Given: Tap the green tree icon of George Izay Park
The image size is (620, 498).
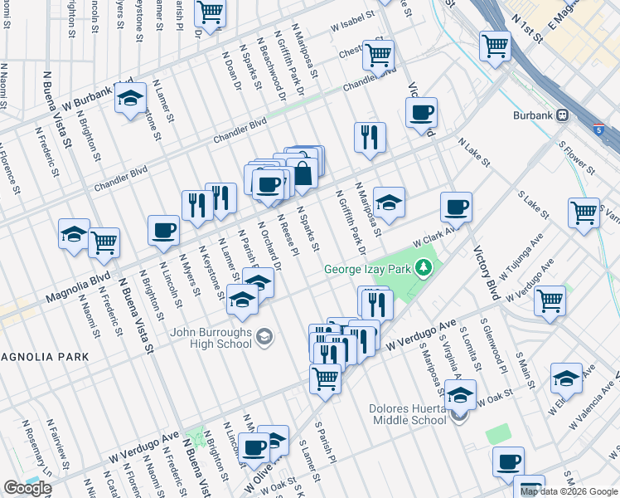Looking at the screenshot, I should (x=424, y=267).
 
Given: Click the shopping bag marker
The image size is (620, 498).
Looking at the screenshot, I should (x=303, y=173).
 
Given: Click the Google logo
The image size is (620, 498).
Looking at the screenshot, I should (x=28, y=487).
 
